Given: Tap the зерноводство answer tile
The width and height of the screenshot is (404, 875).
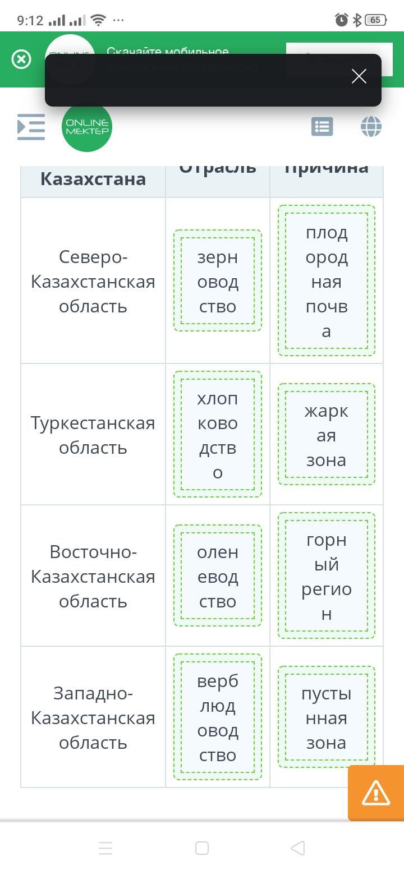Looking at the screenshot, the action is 218,281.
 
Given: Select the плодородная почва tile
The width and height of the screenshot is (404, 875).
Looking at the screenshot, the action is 327,281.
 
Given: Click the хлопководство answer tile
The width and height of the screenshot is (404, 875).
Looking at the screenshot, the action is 218,435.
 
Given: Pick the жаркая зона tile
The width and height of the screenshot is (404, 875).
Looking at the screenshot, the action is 327,435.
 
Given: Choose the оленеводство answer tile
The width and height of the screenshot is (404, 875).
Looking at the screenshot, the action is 218,576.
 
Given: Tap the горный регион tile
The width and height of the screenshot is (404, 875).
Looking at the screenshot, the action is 327,576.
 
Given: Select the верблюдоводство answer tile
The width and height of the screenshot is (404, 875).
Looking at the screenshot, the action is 218,717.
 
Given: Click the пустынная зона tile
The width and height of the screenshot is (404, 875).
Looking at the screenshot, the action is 327,717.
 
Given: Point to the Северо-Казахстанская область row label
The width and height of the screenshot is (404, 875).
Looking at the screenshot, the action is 93,281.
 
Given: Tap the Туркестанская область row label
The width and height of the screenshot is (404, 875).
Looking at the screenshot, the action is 93,435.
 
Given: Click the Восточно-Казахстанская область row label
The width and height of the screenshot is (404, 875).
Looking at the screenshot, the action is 93,576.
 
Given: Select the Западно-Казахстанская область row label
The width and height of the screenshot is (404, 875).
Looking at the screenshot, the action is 93,717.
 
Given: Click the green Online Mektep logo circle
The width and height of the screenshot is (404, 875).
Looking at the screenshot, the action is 87,127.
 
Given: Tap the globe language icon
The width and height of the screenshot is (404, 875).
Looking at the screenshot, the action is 371,127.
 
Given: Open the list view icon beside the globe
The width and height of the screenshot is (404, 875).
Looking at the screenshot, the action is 322,127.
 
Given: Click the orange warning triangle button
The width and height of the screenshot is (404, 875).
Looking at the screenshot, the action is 375,793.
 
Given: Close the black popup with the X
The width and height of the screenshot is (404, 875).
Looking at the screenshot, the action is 359,76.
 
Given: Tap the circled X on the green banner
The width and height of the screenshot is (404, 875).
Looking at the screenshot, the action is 21,59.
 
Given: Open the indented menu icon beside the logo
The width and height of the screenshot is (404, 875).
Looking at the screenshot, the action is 31,127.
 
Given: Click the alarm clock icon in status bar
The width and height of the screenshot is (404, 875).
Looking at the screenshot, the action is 341,20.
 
